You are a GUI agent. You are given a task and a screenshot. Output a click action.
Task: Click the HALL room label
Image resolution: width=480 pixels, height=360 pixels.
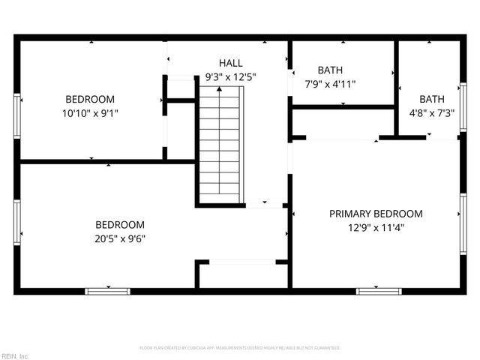coord(230,63)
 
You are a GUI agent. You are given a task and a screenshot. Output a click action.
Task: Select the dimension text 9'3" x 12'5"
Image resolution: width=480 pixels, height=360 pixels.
coord(230,76)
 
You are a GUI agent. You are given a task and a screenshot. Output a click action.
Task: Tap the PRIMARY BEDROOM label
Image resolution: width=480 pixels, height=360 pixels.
coord(376,214)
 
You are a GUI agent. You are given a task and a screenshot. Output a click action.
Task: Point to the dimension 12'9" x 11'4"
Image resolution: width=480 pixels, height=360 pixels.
coord(376,228)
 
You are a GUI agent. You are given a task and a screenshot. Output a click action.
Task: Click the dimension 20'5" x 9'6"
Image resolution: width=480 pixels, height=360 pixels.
coord(120,238)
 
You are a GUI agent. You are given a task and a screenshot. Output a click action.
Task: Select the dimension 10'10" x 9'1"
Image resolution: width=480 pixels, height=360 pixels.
coord(90,113)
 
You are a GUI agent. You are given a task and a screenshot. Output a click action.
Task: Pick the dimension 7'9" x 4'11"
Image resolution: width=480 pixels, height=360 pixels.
coord(330,84)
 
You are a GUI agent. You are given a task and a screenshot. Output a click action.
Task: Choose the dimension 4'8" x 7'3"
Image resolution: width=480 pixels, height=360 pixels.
coord(431,112)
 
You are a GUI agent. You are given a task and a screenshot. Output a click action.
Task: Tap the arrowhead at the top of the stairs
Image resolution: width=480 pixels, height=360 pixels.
coord(220,89)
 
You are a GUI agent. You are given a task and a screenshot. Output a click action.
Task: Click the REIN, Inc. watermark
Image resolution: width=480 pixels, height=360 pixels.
coord(15,355)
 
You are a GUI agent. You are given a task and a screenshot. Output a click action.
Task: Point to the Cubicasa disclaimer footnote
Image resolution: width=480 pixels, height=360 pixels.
coord(240,348)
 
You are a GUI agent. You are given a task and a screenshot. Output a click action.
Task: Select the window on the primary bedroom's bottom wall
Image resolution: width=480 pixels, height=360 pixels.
coord(379,291)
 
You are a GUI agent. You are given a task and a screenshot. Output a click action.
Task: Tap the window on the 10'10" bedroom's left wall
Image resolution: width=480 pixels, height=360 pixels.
coord(17,116)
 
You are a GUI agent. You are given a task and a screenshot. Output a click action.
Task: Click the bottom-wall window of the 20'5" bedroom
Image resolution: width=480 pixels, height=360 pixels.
coord(107,291)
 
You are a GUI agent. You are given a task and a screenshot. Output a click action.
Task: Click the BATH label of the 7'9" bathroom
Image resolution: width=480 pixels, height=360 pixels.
coord(330,70)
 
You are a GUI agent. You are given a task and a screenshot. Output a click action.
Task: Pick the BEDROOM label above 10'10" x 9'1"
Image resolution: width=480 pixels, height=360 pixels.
coord(90,99)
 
